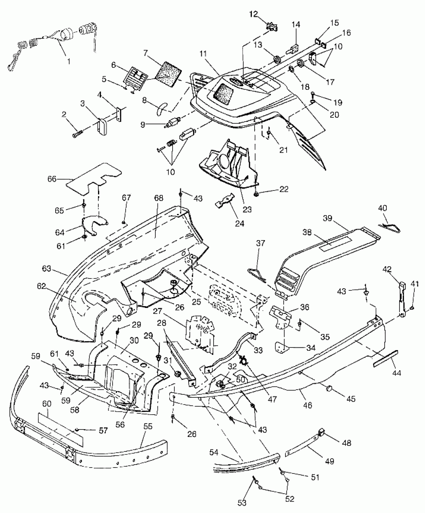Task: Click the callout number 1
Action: pos(69,62)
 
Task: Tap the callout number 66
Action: pos(52,179)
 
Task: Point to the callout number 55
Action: pos(148,426)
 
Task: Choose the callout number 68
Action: pos(159,198)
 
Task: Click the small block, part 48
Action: pos(322,432)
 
